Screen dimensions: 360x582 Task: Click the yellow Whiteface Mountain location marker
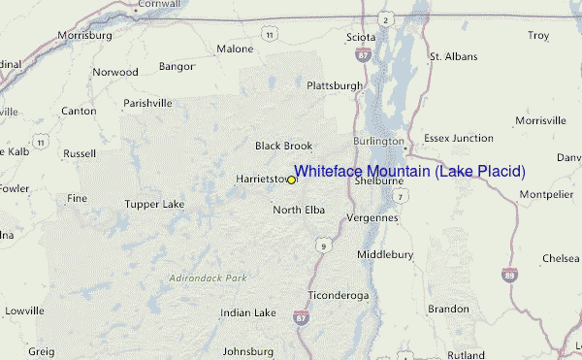(x=291, y=180)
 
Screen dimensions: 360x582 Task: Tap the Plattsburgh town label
(x=335, y=85)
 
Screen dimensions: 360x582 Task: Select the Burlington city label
(x=377, y=141)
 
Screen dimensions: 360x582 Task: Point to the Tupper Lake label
(x=154, y=205)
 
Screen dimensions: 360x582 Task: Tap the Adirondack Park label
(x=208, y=278)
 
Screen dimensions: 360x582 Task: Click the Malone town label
(x=235, y=49)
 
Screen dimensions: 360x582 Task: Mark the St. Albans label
(x=453, y=57)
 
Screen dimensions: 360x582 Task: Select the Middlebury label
(x=385, y=254)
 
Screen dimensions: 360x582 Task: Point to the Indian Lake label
(x=248, y=313)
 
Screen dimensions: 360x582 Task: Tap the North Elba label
(x=299, y=210)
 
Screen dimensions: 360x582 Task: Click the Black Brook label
(x=283, y=146)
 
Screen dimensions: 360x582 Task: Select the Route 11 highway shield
(x=268, y=34)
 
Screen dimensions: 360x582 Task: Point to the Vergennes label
(x=372, y=217)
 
